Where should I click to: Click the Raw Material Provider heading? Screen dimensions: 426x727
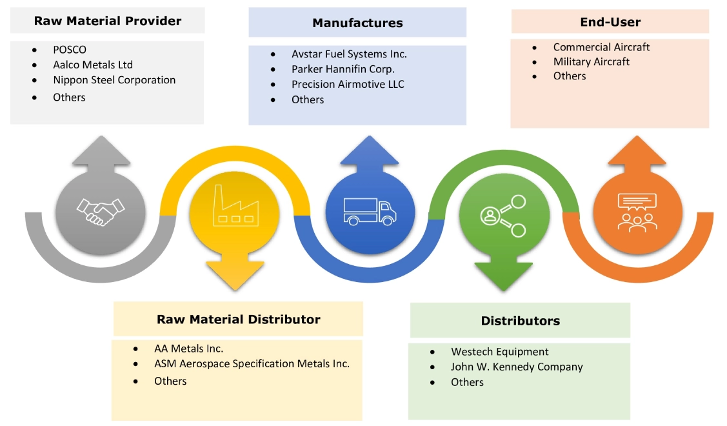[108, 21]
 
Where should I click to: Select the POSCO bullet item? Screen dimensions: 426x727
[70, 50]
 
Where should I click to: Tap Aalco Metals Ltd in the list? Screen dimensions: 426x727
[93, 65]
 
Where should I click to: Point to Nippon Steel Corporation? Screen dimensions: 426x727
[114, 80]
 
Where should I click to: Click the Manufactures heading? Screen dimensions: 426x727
[357, 23]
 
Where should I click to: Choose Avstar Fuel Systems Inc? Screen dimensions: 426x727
[349, 54]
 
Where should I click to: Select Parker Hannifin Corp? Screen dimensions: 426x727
[343, 69]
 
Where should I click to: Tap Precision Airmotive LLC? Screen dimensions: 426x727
[348, 85]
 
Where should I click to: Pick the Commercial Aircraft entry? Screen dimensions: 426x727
[601, 47]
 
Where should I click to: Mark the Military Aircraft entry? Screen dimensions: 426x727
[592, 62]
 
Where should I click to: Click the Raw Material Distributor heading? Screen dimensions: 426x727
[239, 319]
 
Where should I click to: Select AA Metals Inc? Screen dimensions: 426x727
[188, 349]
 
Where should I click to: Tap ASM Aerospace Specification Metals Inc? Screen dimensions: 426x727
[252, 364]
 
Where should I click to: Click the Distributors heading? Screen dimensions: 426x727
[520, 321]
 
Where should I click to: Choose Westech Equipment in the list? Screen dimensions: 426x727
[500, 352]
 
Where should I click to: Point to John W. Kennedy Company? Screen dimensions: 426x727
[517, 367]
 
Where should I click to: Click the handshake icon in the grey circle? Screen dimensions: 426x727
[101, 211]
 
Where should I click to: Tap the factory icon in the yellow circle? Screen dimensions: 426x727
[235, 207]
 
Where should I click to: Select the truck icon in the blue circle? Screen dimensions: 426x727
[370, 211]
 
